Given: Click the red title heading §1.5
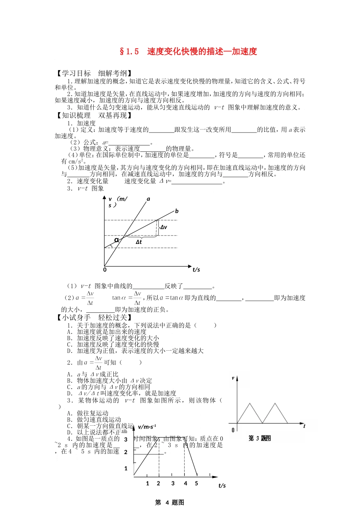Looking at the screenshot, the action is (188, 52).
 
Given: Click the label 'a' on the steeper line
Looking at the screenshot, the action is (149, 199).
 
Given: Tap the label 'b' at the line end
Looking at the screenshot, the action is (177, 211).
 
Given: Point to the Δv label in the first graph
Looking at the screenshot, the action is (163, 227).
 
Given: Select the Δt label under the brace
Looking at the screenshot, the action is (139, 242).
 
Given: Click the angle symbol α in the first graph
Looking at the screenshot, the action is (117, 240).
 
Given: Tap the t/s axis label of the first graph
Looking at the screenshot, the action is (196, 270).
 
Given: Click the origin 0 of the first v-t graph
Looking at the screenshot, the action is (105, 270).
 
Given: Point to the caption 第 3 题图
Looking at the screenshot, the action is (260, 438).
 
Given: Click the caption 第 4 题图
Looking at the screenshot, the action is (170, 503).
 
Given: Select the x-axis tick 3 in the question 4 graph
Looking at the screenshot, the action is (173, 483).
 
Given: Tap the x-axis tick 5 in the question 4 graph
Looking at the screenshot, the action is (196, 483).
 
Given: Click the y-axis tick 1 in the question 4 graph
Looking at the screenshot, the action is (126, 468).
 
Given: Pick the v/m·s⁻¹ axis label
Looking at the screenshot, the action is (147, 427).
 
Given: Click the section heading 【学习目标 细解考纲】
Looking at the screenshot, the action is (94, 73).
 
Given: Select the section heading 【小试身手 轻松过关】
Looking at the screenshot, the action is (94, 317).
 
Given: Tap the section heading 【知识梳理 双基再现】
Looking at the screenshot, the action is (94, 116).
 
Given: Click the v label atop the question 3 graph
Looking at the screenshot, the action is (233, 378).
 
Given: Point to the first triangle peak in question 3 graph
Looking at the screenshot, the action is (249, 403).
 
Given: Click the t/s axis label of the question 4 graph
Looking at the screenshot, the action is (222, 486).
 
